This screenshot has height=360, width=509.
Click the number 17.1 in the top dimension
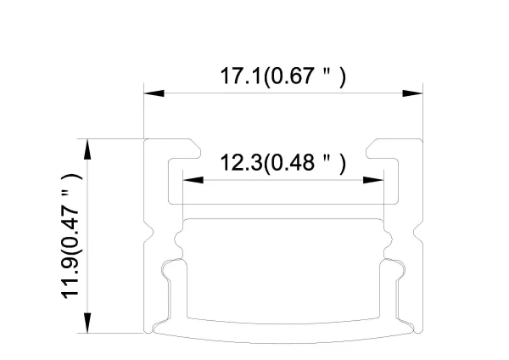click(x=241, y=76)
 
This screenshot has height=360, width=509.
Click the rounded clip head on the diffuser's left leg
click(x=172, y=267)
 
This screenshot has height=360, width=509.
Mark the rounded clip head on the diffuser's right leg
click(x=394, y=267)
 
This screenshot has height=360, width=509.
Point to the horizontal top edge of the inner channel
click(x=283, y=218)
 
